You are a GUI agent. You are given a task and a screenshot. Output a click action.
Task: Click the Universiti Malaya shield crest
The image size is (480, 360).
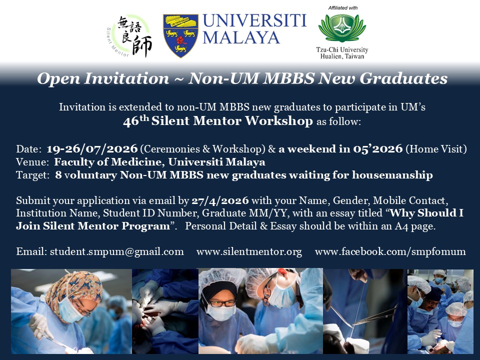(x=180, y=35)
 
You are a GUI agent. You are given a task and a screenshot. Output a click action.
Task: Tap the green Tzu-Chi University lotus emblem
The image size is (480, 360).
(x=342, y=28)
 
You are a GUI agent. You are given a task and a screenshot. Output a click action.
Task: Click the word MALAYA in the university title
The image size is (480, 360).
(x=241, y=38)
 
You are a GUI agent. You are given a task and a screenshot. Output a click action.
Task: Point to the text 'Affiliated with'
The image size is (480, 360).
(x=343, y=8)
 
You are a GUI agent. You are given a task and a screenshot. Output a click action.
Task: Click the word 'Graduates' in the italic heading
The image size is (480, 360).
(x=403, y=78)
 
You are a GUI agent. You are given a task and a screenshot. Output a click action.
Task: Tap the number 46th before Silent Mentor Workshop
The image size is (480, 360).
(x=136, y=121)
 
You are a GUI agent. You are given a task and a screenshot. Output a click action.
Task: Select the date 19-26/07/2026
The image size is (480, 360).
(x=92, y=149)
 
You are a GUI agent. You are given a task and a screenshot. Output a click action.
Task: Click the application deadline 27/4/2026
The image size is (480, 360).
(x=220, y=200)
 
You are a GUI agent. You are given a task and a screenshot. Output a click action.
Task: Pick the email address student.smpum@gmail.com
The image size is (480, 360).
(x=116, y=251)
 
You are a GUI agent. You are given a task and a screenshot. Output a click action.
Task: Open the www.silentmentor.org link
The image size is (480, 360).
(x=249, y=251)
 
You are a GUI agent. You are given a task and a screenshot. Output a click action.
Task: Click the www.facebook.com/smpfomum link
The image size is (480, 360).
(x=390, y=251)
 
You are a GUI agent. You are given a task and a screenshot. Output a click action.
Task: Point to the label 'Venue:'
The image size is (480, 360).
(x=32, y=162)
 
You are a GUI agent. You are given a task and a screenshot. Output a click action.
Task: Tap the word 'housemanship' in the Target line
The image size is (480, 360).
(x=392, y=175)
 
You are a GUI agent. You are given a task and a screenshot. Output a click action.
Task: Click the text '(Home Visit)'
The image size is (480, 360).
(x=436, y=149)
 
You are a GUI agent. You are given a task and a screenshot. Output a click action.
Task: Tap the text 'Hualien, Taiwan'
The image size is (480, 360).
(x=342, y=56)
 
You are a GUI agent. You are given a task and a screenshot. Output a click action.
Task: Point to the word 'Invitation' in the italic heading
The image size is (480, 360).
(x=126, y=78)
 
